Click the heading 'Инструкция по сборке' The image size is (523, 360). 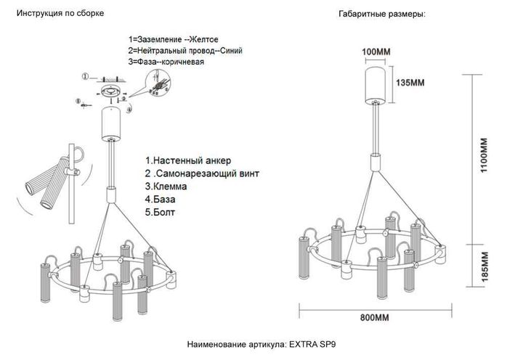[x=60, y=14]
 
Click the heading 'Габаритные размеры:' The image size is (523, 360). [x=381, y=15]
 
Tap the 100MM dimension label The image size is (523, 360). [x=376, y=52]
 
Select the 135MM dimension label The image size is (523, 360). [x=410, y=83]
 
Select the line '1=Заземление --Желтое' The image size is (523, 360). [x=173, y=38]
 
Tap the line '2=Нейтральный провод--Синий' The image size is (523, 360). [x=185, y=51]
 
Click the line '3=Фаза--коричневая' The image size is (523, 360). [x=166, y=62]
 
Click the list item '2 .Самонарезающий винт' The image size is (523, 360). [x=201, y=173]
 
